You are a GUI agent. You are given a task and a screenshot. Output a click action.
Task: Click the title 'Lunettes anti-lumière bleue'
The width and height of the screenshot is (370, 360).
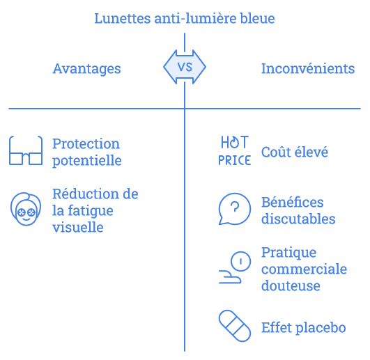(x=185, y=18)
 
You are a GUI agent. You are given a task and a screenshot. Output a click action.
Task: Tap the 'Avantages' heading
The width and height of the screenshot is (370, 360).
(x=86, y=69)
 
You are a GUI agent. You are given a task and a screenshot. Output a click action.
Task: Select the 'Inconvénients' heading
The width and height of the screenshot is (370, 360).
(x=308, y=69)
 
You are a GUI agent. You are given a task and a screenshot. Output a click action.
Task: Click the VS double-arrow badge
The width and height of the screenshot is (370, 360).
(x=185, y=67)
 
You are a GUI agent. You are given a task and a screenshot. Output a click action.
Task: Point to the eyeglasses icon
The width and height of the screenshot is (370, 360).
(x=26, y=150)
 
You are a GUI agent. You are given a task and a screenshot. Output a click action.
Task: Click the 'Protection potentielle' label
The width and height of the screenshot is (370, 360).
(x=87, y=152)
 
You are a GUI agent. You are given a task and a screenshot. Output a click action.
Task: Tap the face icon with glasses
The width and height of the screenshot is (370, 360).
(x=26, y=209)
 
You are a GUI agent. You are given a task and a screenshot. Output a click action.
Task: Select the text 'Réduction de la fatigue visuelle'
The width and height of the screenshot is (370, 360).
(x=95, y=210)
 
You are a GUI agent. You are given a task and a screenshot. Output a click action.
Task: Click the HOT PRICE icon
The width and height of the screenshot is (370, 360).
(x=234, y=150)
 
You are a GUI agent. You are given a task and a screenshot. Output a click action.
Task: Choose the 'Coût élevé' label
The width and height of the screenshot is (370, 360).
(x=295, y=152)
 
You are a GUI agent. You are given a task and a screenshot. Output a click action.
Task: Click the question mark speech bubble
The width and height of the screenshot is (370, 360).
(x=234, y=209)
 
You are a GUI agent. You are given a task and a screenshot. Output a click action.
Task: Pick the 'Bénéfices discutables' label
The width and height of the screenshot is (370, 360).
(x=298, y=210)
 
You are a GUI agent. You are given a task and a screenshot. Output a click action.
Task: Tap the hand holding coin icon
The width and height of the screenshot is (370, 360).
(x=234, y=267)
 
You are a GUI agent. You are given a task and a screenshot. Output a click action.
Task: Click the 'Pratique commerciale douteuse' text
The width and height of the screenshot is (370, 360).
(x=305, y=269)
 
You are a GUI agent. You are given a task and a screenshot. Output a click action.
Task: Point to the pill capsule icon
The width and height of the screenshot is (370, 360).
(x=235, y=326)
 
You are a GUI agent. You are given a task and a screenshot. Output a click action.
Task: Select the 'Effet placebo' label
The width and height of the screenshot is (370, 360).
(x=304, y=328)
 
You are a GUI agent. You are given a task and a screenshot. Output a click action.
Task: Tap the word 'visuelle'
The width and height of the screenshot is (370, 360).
(x=78, y=227)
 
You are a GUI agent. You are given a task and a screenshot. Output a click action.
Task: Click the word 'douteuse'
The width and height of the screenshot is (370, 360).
(x=291, y=285)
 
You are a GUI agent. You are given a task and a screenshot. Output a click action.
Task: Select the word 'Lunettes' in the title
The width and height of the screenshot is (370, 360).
(x=122, y=18)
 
